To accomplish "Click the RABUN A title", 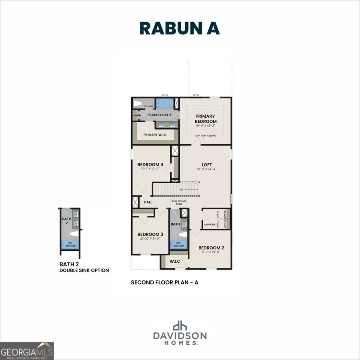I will pos(180,28).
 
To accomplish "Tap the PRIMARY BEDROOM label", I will pos(206,119).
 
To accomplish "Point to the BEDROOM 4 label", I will pos(150,164).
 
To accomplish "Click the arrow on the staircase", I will pos(188,190).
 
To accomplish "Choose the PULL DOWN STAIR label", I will pos(177,202).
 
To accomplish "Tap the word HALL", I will pos(148,202).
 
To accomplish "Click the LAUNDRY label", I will pos(210,225).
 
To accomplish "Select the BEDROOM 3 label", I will pos(150,234).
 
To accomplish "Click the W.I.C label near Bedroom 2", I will pos(175,262).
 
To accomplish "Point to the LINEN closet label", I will pos(138,116).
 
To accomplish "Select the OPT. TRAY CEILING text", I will pos(206,136).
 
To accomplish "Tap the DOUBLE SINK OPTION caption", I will pos(84,270).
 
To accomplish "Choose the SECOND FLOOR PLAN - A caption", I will pos(165,282).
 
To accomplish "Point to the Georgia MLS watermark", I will pos(26,351).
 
